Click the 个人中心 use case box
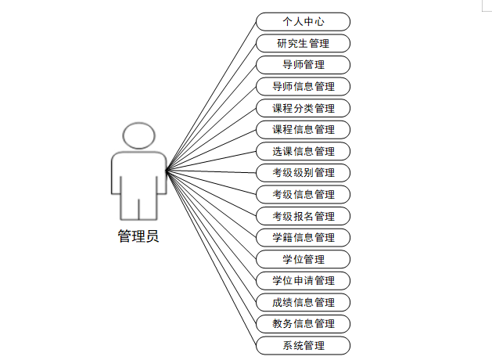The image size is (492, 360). tap(303, 21)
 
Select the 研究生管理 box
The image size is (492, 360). tap(303, 43)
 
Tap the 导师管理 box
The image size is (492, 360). tap(303, 64)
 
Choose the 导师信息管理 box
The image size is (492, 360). tap(303, 86)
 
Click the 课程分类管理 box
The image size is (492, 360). tap(303, 108)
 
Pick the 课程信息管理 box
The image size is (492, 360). tap(303, 129)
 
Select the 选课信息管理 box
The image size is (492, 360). tap(303, 151)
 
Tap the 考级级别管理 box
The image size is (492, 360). tap(303, 172)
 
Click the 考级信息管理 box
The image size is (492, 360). tap(303, 194)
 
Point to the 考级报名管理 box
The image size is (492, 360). tap(303, 216)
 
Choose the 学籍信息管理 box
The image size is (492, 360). tap(303, 237)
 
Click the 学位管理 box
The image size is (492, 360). tap(303, 259)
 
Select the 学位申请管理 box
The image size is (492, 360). tap(303, 280)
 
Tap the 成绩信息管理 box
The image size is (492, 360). tap(303, 302)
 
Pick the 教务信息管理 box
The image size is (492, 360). tap(303, 323)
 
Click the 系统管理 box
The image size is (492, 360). tap(303, 345)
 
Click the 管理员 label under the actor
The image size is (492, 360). tap(138, 236)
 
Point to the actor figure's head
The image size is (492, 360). tap(138, 135)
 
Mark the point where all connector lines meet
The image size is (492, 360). tap(167, 169)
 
